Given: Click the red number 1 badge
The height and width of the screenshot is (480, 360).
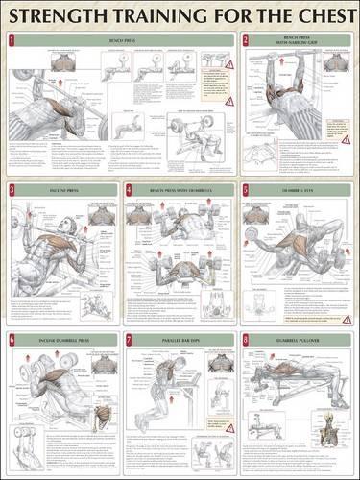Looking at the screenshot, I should point(11,40).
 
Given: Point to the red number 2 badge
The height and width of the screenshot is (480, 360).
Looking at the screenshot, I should point(246,40).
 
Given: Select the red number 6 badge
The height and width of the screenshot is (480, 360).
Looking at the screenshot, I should point(11,340).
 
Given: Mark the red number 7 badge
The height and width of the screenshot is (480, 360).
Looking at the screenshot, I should point(129,340).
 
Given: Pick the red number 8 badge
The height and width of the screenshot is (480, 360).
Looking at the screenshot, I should point(246,340).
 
